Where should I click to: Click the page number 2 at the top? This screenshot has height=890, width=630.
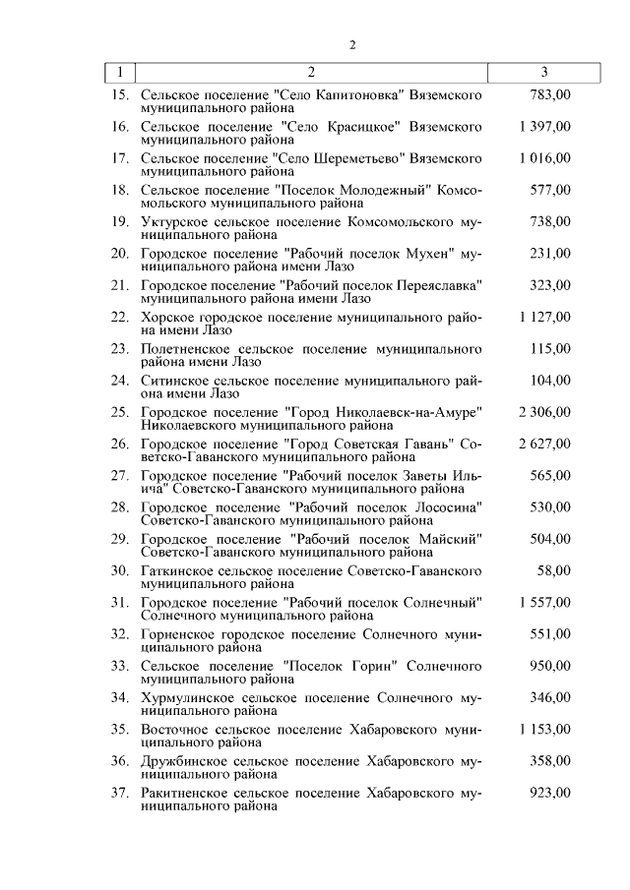(x=351, y=44)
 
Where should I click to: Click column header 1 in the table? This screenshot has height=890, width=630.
(x=119, y=72)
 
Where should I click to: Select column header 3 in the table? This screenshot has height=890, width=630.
(x=544, y=72)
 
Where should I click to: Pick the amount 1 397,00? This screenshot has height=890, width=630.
(x=544, y=127)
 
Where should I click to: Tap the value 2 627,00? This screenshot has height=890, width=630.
(x=544, y=444)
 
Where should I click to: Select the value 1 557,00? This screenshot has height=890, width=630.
(x=544, y=602)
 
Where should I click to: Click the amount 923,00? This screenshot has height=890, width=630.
(x=550, y=792)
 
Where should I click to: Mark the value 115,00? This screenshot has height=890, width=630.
(x=550, y=348)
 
